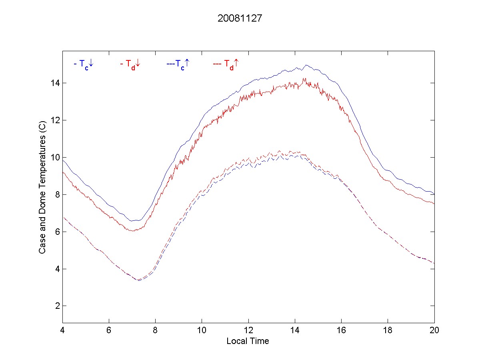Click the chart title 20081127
click(x=240, y=18)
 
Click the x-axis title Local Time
click(x=248, y=341)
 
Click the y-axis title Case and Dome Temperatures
click(x=42, y=186)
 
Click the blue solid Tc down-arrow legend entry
click(x=84, y=64)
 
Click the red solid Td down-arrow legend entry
click(x=130, y=64)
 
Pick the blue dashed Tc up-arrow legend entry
click(x=178, y=64)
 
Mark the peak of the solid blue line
click(x=306, y=65)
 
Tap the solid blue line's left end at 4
click(x=63, y=160)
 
